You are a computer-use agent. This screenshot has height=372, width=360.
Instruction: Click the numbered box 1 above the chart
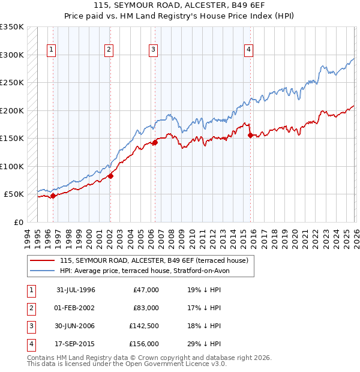coord(52,50)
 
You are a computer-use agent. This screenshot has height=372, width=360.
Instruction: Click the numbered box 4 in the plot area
coord(248,50)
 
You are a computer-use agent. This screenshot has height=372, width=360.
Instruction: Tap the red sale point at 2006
coord(155,142)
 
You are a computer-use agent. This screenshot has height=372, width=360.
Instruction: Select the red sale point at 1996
coord(53,196)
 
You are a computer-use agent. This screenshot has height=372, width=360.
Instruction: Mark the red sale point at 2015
coord(250,135)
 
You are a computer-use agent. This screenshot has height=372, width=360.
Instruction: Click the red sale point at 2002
coord(110,176)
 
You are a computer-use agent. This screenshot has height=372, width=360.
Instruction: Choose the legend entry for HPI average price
coord(144,271)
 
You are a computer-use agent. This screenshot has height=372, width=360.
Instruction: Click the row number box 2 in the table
coord(30,308)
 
